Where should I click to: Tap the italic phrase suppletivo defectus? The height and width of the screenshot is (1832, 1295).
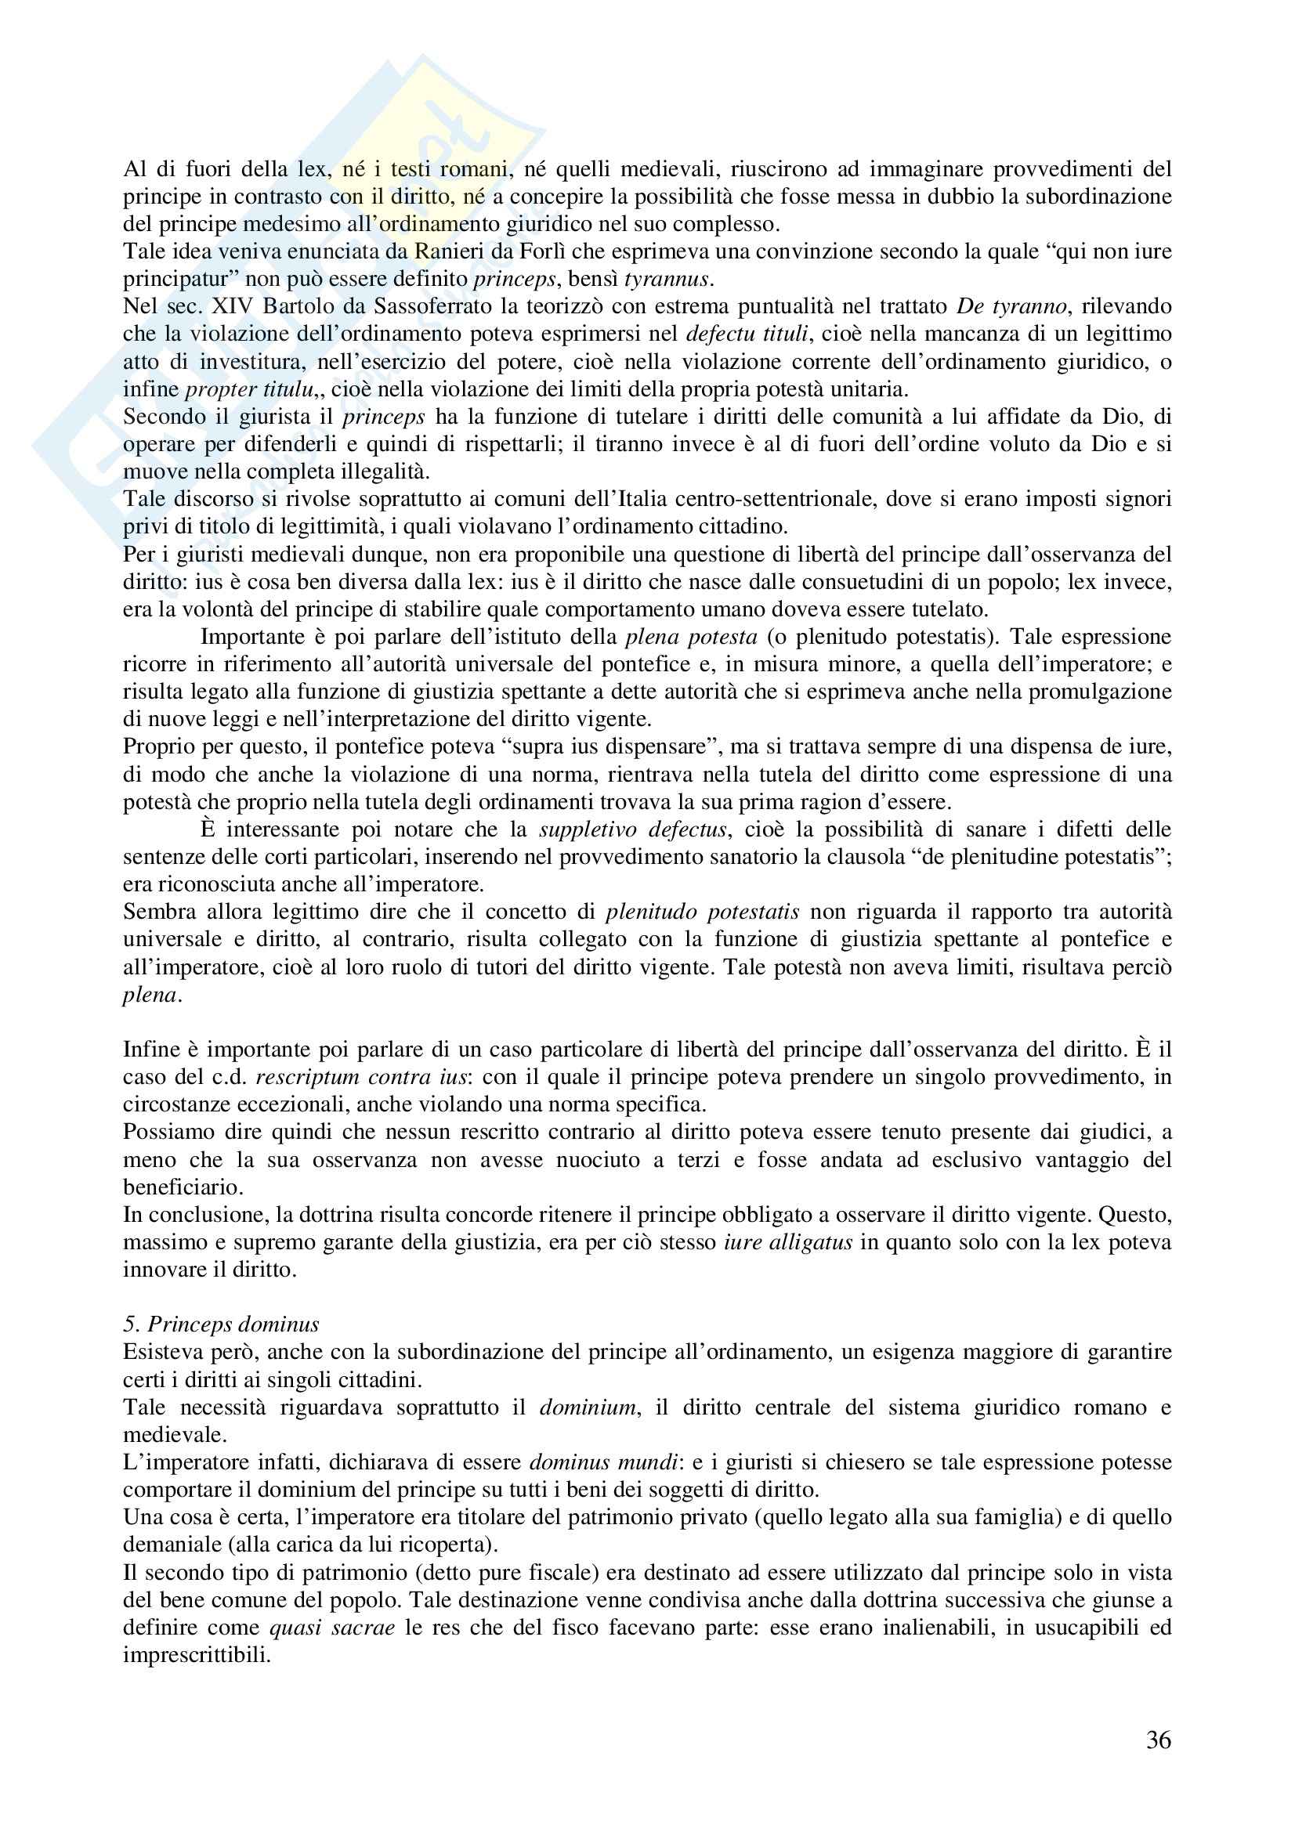point(633,830)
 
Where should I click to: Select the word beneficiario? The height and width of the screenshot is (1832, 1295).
point(183,1187)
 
